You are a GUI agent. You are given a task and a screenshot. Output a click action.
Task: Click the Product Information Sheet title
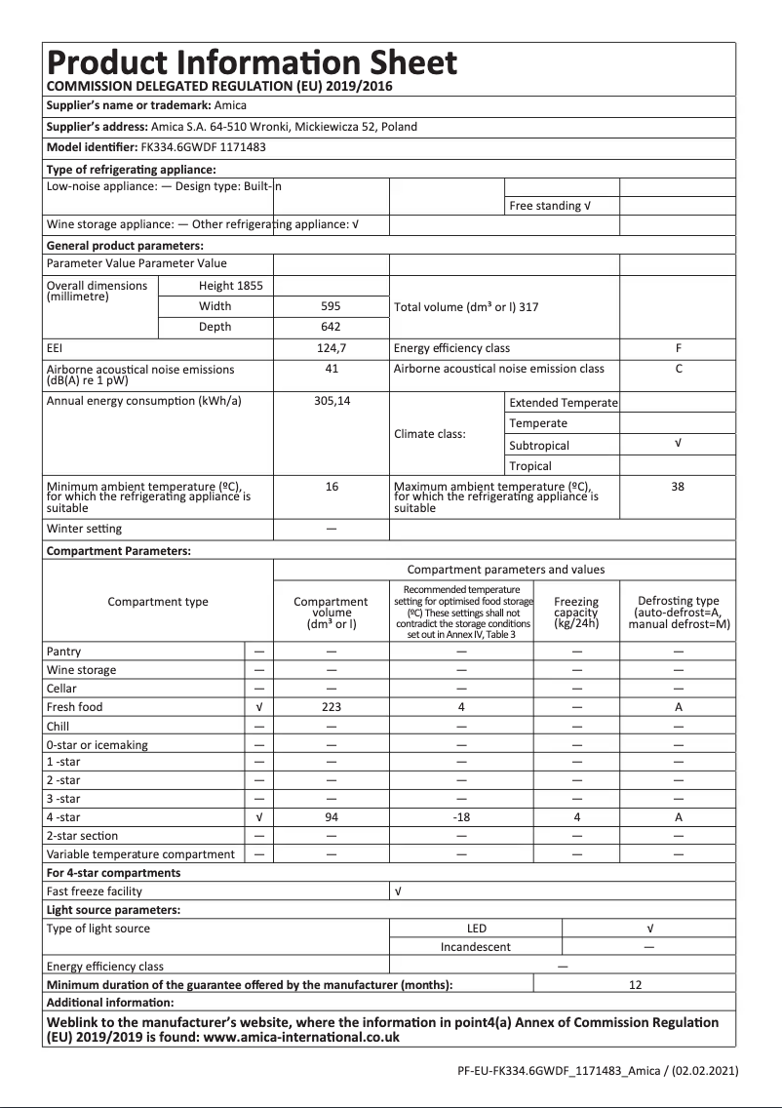click(x=252, y=62)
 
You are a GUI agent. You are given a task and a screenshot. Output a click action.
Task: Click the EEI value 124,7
click(x=332, y=348)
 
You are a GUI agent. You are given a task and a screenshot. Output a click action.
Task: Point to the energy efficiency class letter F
click(x=678, y=348)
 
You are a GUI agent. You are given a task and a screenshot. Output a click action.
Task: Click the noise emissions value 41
click(x=332, y=369)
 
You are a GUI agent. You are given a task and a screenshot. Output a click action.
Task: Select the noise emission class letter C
click(x=678, y=369)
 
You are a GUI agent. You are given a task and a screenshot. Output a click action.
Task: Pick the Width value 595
click(x=332, y=306)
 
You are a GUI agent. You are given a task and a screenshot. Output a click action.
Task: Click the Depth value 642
click(x=332, y=327)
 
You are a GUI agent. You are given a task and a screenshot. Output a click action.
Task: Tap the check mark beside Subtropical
click(x=678, y=444)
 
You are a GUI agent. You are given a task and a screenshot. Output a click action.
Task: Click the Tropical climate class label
click(x=530, y=466)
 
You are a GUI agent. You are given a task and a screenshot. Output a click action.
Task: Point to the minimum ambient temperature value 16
click(x=332, y=486)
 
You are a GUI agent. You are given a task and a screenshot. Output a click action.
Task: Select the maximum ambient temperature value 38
click(x=678, y=486)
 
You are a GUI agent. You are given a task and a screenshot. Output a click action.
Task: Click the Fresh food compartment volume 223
click(x=332, y=707)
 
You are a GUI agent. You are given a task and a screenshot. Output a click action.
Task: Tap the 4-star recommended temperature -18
click(x=462, y=817)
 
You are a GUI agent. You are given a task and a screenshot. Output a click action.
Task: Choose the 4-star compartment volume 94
click(x=332, y=817)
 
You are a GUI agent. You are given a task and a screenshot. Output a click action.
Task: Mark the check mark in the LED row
click(x=649, y=929)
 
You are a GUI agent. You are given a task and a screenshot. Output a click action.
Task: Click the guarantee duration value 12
click(x=635, y=985)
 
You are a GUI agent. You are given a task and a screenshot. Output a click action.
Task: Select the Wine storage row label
click(x=81, y=670)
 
